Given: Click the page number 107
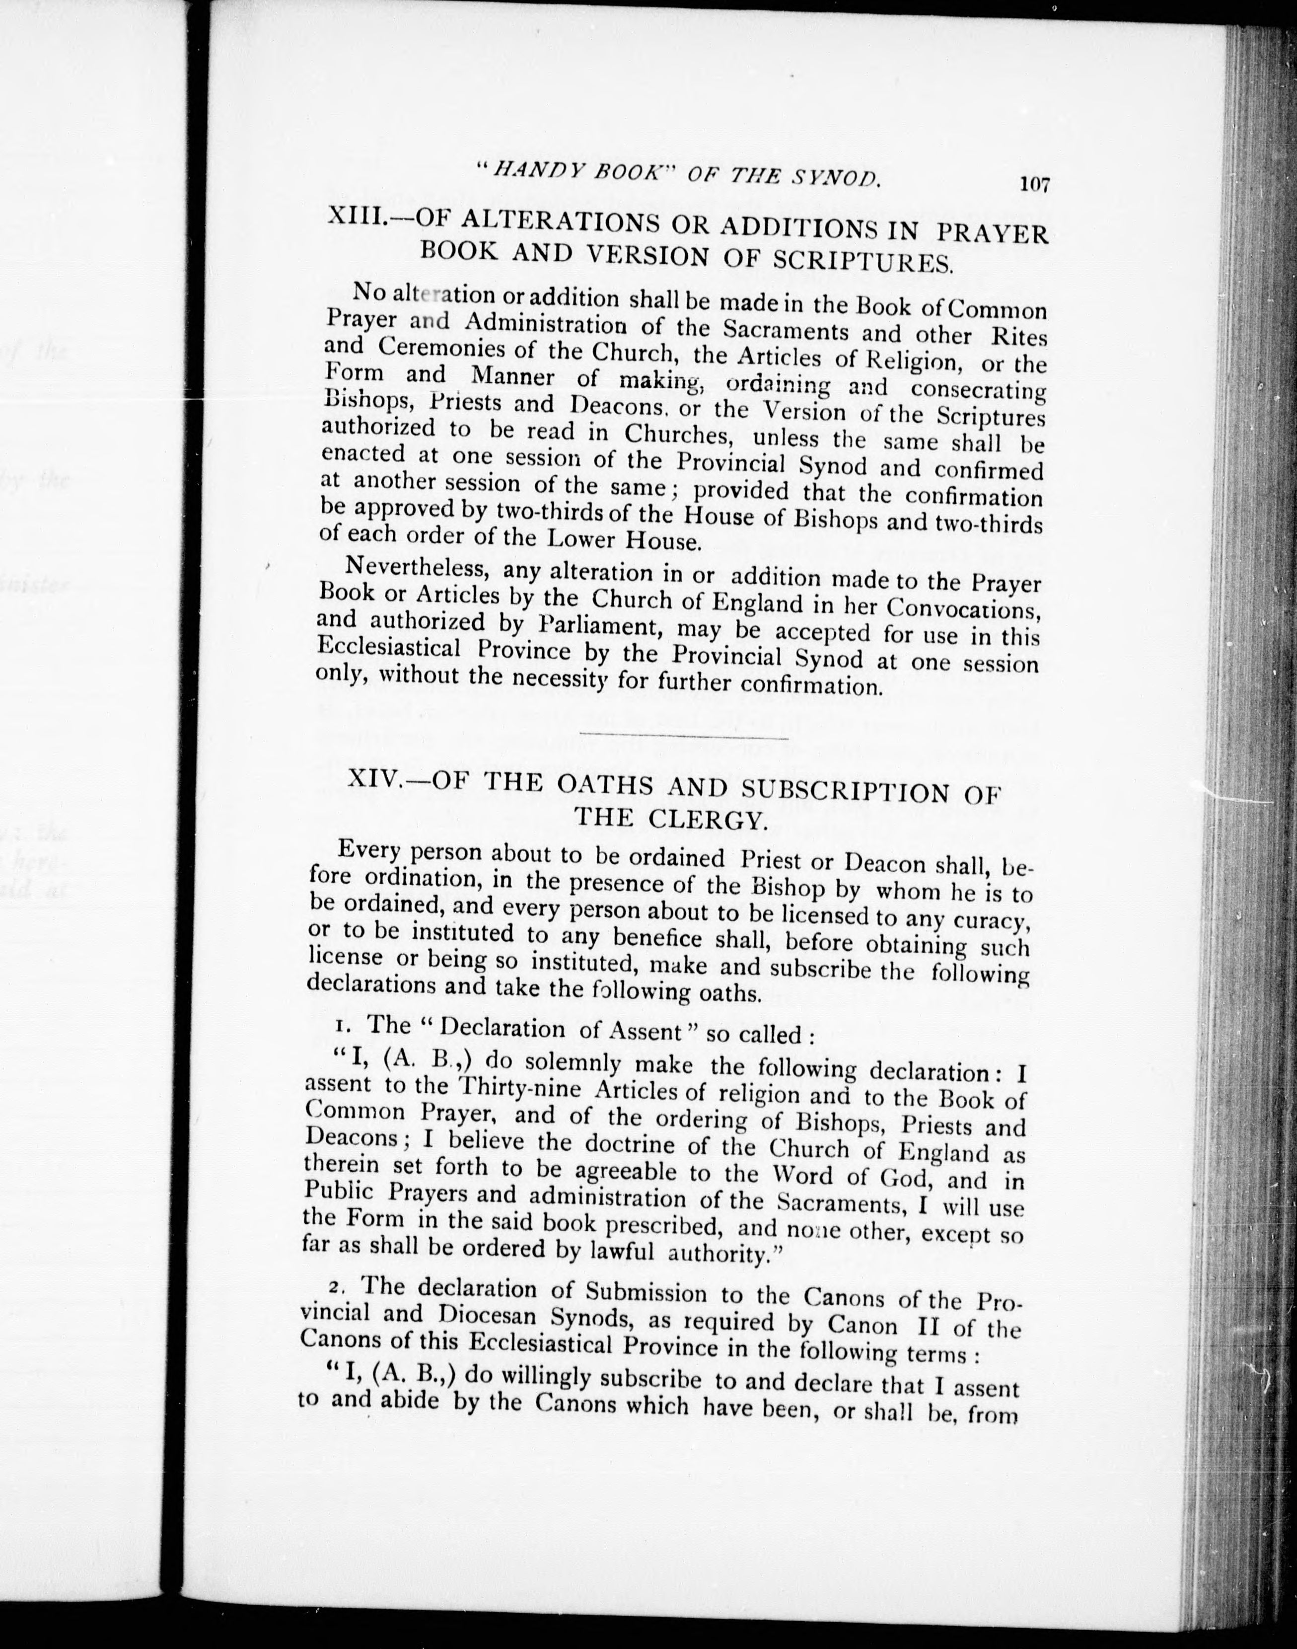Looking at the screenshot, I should click(1034, 184).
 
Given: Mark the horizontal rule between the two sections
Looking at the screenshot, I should click(683, 736).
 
